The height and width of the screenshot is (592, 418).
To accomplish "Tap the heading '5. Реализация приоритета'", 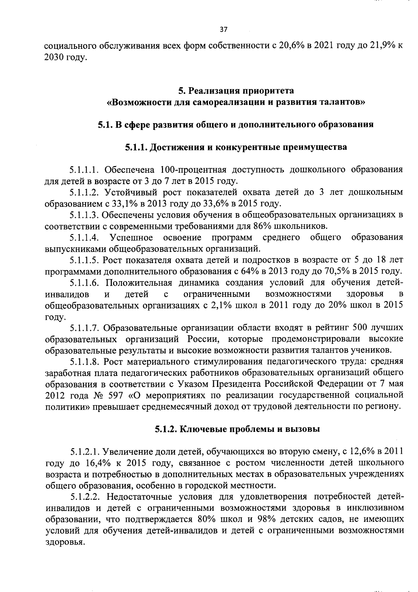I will (x=236, y=91).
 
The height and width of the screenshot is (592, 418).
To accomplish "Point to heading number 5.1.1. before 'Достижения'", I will (x=137, y=147).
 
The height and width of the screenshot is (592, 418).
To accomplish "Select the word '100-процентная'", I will (x=194, y=170).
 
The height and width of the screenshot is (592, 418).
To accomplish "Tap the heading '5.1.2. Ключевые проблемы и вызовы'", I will (x=237, y=429).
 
